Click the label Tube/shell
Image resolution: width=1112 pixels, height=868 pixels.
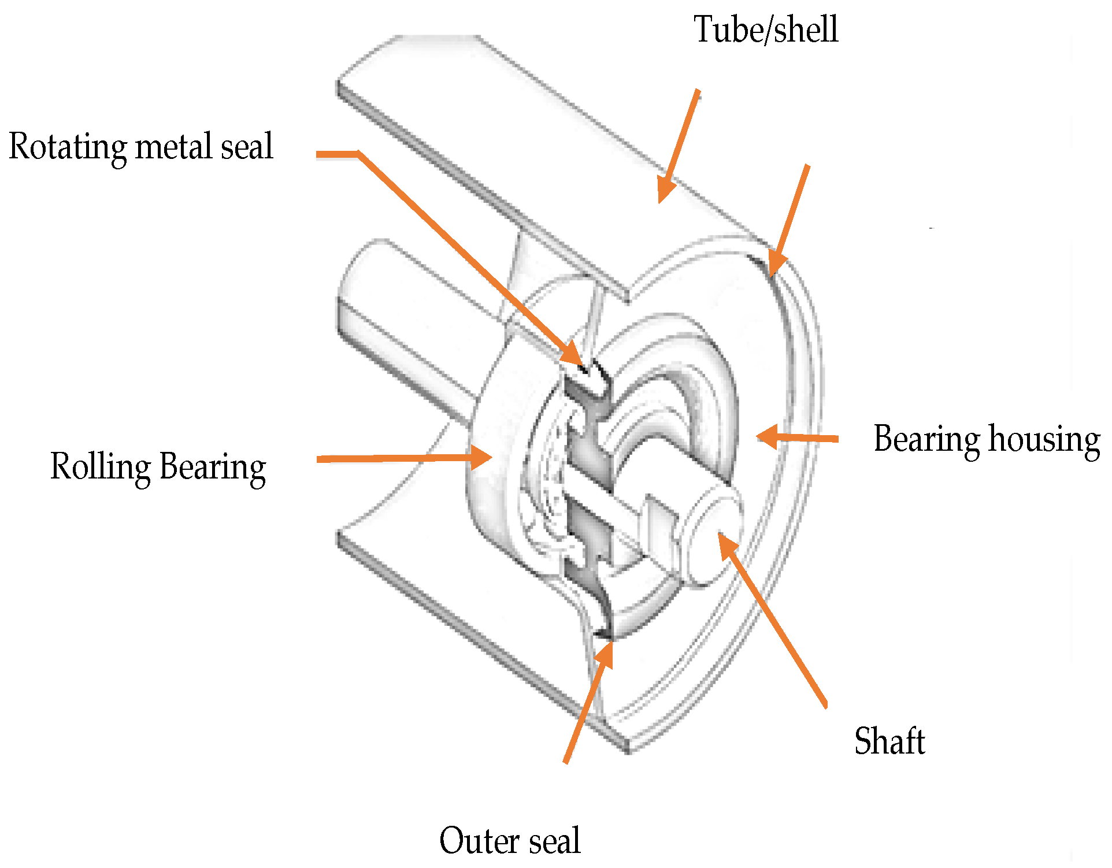pos(765,30)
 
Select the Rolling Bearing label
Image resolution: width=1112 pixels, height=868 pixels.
pos(158,467)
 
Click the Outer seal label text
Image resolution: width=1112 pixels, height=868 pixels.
pos(509,840)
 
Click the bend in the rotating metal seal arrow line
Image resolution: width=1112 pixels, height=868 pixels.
pos(359,154)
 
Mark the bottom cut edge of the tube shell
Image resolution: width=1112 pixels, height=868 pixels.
pos(480,641)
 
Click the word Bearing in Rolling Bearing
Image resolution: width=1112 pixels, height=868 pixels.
pos(212,467)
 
